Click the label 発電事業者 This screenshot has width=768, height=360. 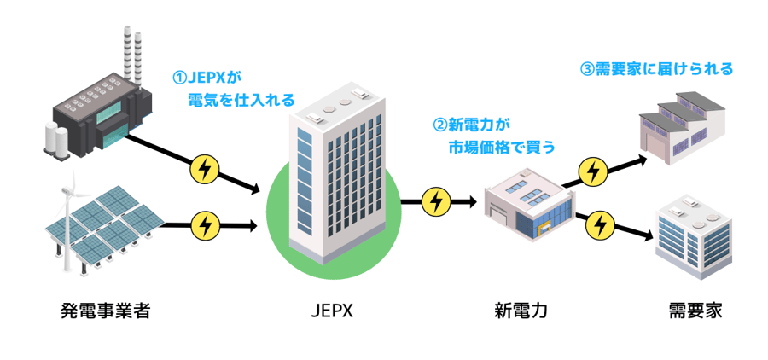106,311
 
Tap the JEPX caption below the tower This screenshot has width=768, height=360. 331,311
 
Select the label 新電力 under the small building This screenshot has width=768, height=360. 521,311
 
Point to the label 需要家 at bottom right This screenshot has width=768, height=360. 695,311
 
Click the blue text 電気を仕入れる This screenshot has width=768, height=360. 241,101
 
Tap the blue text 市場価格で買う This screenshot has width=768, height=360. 503,147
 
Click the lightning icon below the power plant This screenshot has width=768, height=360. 204,169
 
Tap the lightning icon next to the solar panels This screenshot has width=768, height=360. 205,226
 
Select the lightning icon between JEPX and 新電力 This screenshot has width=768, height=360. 436,202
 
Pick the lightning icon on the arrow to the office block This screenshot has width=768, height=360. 602,224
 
